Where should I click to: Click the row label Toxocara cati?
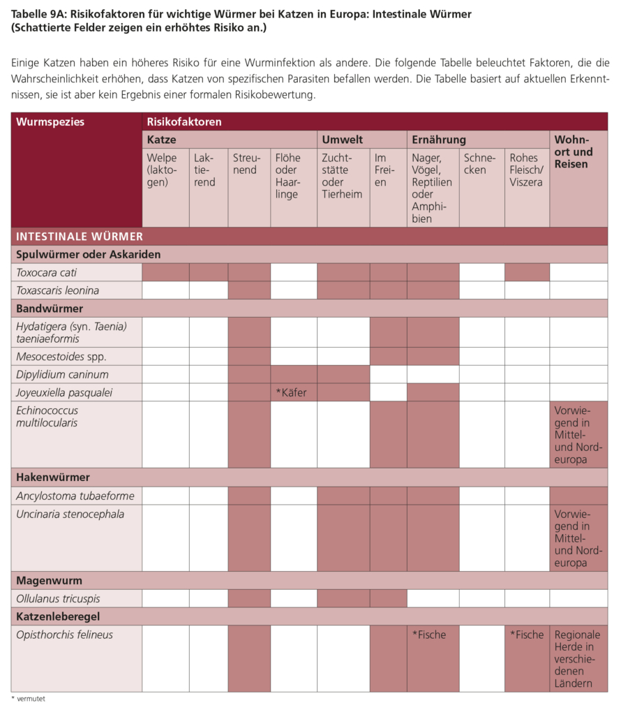(47, 272)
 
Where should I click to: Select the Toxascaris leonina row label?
(57, 290)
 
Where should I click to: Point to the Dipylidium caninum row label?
(62, 374)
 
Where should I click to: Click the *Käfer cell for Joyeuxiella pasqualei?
(291, 392)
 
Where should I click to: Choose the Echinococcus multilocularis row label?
(47, 416)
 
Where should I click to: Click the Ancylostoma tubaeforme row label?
(75, 496)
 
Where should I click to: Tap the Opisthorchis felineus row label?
(64, 635)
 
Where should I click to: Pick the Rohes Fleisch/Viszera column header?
(525, 170)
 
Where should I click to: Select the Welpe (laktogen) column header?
(162, 170)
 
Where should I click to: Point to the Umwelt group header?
(342, 140)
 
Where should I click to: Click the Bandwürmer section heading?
(50, 308)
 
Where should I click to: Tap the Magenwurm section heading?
(49, 580)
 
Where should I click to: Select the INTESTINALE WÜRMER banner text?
(80, 236)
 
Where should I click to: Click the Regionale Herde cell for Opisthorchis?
(577, 659)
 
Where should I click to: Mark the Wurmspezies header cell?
(50, 121)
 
